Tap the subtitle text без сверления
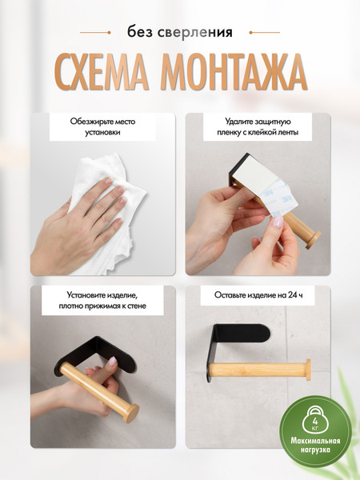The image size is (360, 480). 180,33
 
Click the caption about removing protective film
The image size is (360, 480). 257,126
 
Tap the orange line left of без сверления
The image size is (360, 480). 96,33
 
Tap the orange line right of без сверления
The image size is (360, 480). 263,33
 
